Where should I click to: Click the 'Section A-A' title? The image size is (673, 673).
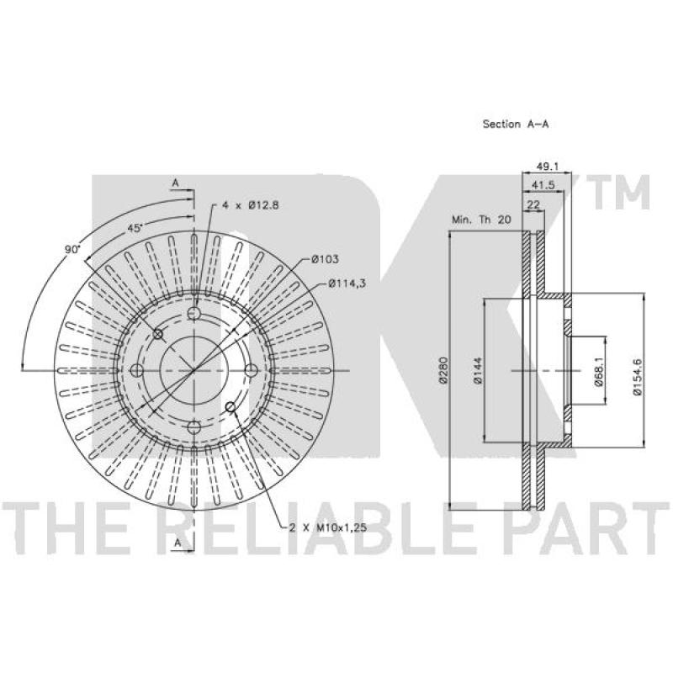coord(516,124)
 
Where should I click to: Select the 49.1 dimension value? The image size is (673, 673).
coord(548,166)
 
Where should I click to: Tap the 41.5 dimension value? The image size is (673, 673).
coord(543,185)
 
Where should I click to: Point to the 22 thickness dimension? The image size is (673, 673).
coord(533,204)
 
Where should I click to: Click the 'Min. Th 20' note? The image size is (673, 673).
coord(481,220)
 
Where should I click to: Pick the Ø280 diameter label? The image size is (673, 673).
coord(443,368)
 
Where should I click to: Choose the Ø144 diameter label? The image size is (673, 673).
coord(477,369)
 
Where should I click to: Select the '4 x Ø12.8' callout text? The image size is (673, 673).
coord(251,205)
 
